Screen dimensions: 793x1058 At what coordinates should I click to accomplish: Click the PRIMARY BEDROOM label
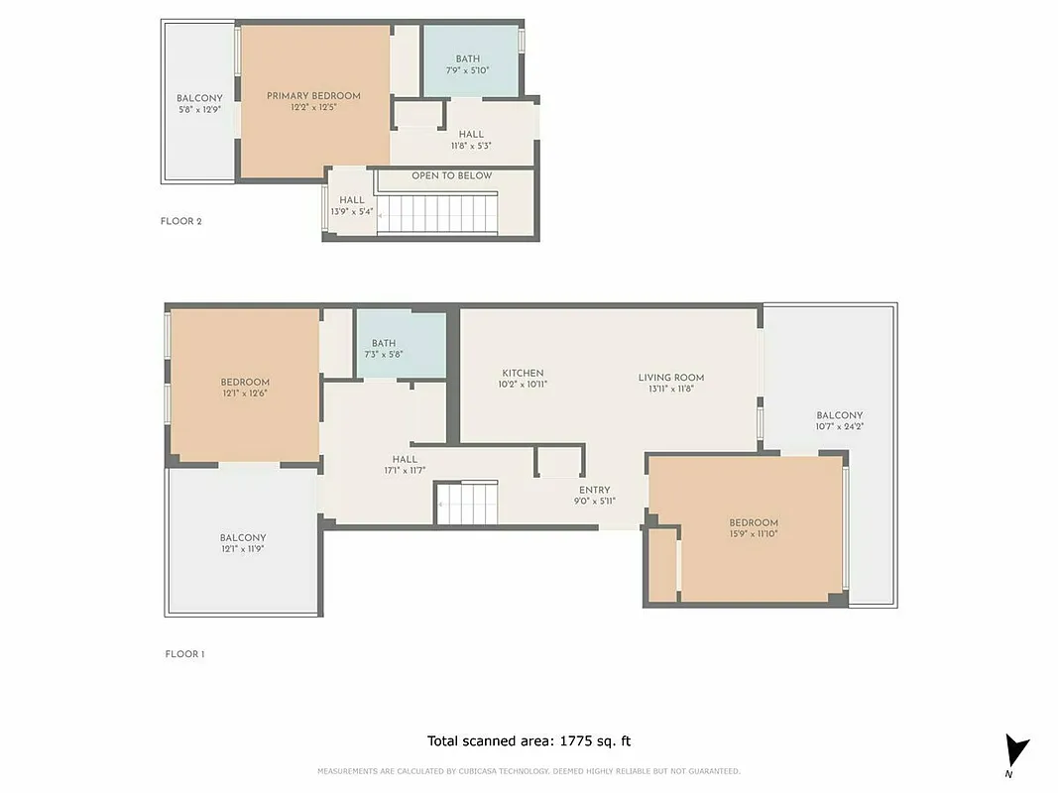pyautogui.click(x=313, y=96)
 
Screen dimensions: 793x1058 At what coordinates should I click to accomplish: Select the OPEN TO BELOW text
pyautogui.click(x=451, y=175)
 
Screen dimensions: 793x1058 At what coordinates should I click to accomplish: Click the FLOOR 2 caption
pyautogui.click(x=181, y=221)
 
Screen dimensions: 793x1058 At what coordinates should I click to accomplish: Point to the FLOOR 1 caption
pyautogui.click(x=184, y=654)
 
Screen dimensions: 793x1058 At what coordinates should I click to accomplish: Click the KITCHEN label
pyautogui.click(x=523, y=373)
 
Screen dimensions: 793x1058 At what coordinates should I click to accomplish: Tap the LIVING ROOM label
pyautogui.click(x=670, y=377)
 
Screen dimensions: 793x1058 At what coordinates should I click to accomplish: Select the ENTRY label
pyautogui.click(x=594, y=490)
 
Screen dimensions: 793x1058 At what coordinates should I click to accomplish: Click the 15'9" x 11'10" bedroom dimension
pyautogui.click(x=754, y=534)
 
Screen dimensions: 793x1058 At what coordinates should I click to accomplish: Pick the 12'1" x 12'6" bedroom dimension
pyautogui.click(x=245, y=394)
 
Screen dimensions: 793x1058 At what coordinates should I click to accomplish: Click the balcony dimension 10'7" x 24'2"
pyautogui.click(x=839, y=426)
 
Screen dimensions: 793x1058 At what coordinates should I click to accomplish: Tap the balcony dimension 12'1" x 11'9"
pyautogui.click(x=242, y=548)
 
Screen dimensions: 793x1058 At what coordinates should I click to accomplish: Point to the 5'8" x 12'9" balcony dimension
pyautogui.click(x=199, y=109)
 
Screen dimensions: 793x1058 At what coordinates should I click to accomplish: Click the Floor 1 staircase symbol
pyautogui.click(x=466, y=503)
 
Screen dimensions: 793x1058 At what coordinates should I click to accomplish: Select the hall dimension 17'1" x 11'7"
pyautogui.click(x=404, y=470)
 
